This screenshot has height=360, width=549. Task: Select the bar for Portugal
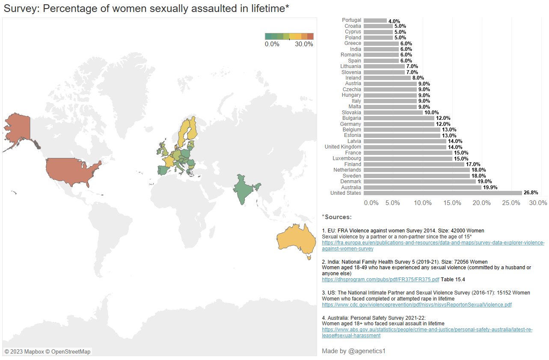pyautogui.click(x=375, y=21)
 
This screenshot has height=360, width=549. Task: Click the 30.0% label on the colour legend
pyautogui.click(x=304, y=44)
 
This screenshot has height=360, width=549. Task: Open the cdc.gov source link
pyautogui.click(x=416, y=305)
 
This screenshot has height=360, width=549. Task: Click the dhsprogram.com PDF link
pyautogui.click(x=380, y=280)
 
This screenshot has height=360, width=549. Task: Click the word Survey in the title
pyautogui.click(x=18, y=9)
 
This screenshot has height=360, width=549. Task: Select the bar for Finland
pyautogui.click(x=414, y=164)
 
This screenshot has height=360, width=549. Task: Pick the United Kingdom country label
pyautogui.click(x=343, y=147)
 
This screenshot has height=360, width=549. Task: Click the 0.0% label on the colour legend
pyautogui.click(x=272, y=44)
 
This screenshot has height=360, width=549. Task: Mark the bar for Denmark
pyautogui.click(x=420, y=181)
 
